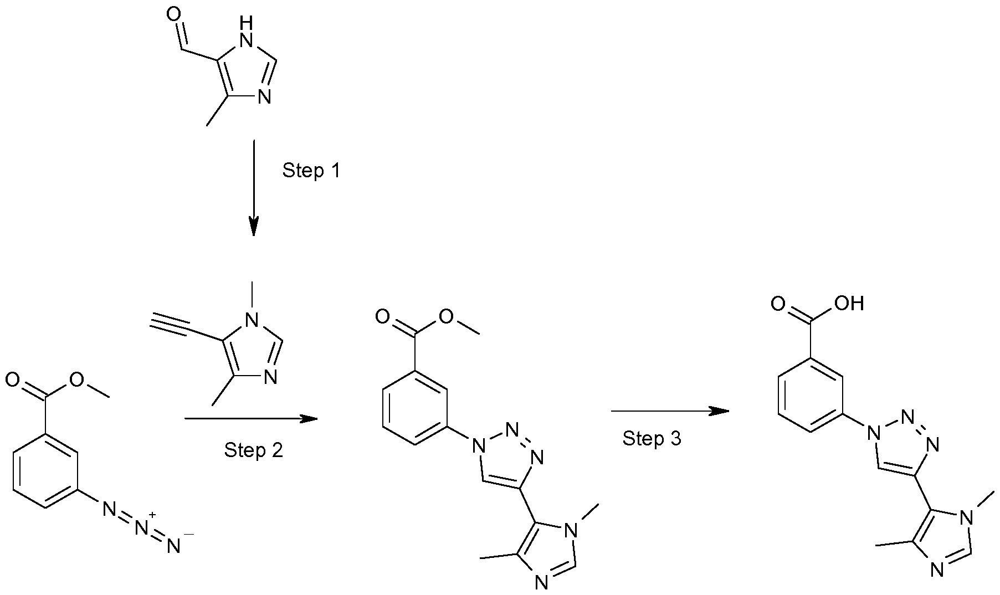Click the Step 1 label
tap(311, 171)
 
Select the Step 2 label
tap(253, 450)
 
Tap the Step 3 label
tap(652, 438)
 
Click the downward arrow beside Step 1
tap(253, 188)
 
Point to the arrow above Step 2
tap(250, 418)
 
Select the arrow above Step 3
tap(669, 411)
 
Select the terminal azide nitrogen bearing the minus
tap(174, 546)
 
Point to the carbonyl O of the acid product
tap(778, 304)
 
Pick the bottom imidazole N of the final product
tap(937, 571)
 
